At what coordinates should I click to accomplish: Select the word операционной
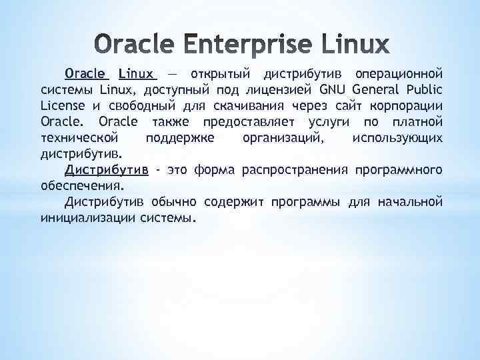pyautogui.click(x=399, y=73)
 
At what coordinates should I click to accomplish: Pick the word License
pyautogui.click(x=63, y=105)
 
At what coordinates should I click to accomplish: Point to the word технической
pyautogui.click(x=79, y=137)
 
